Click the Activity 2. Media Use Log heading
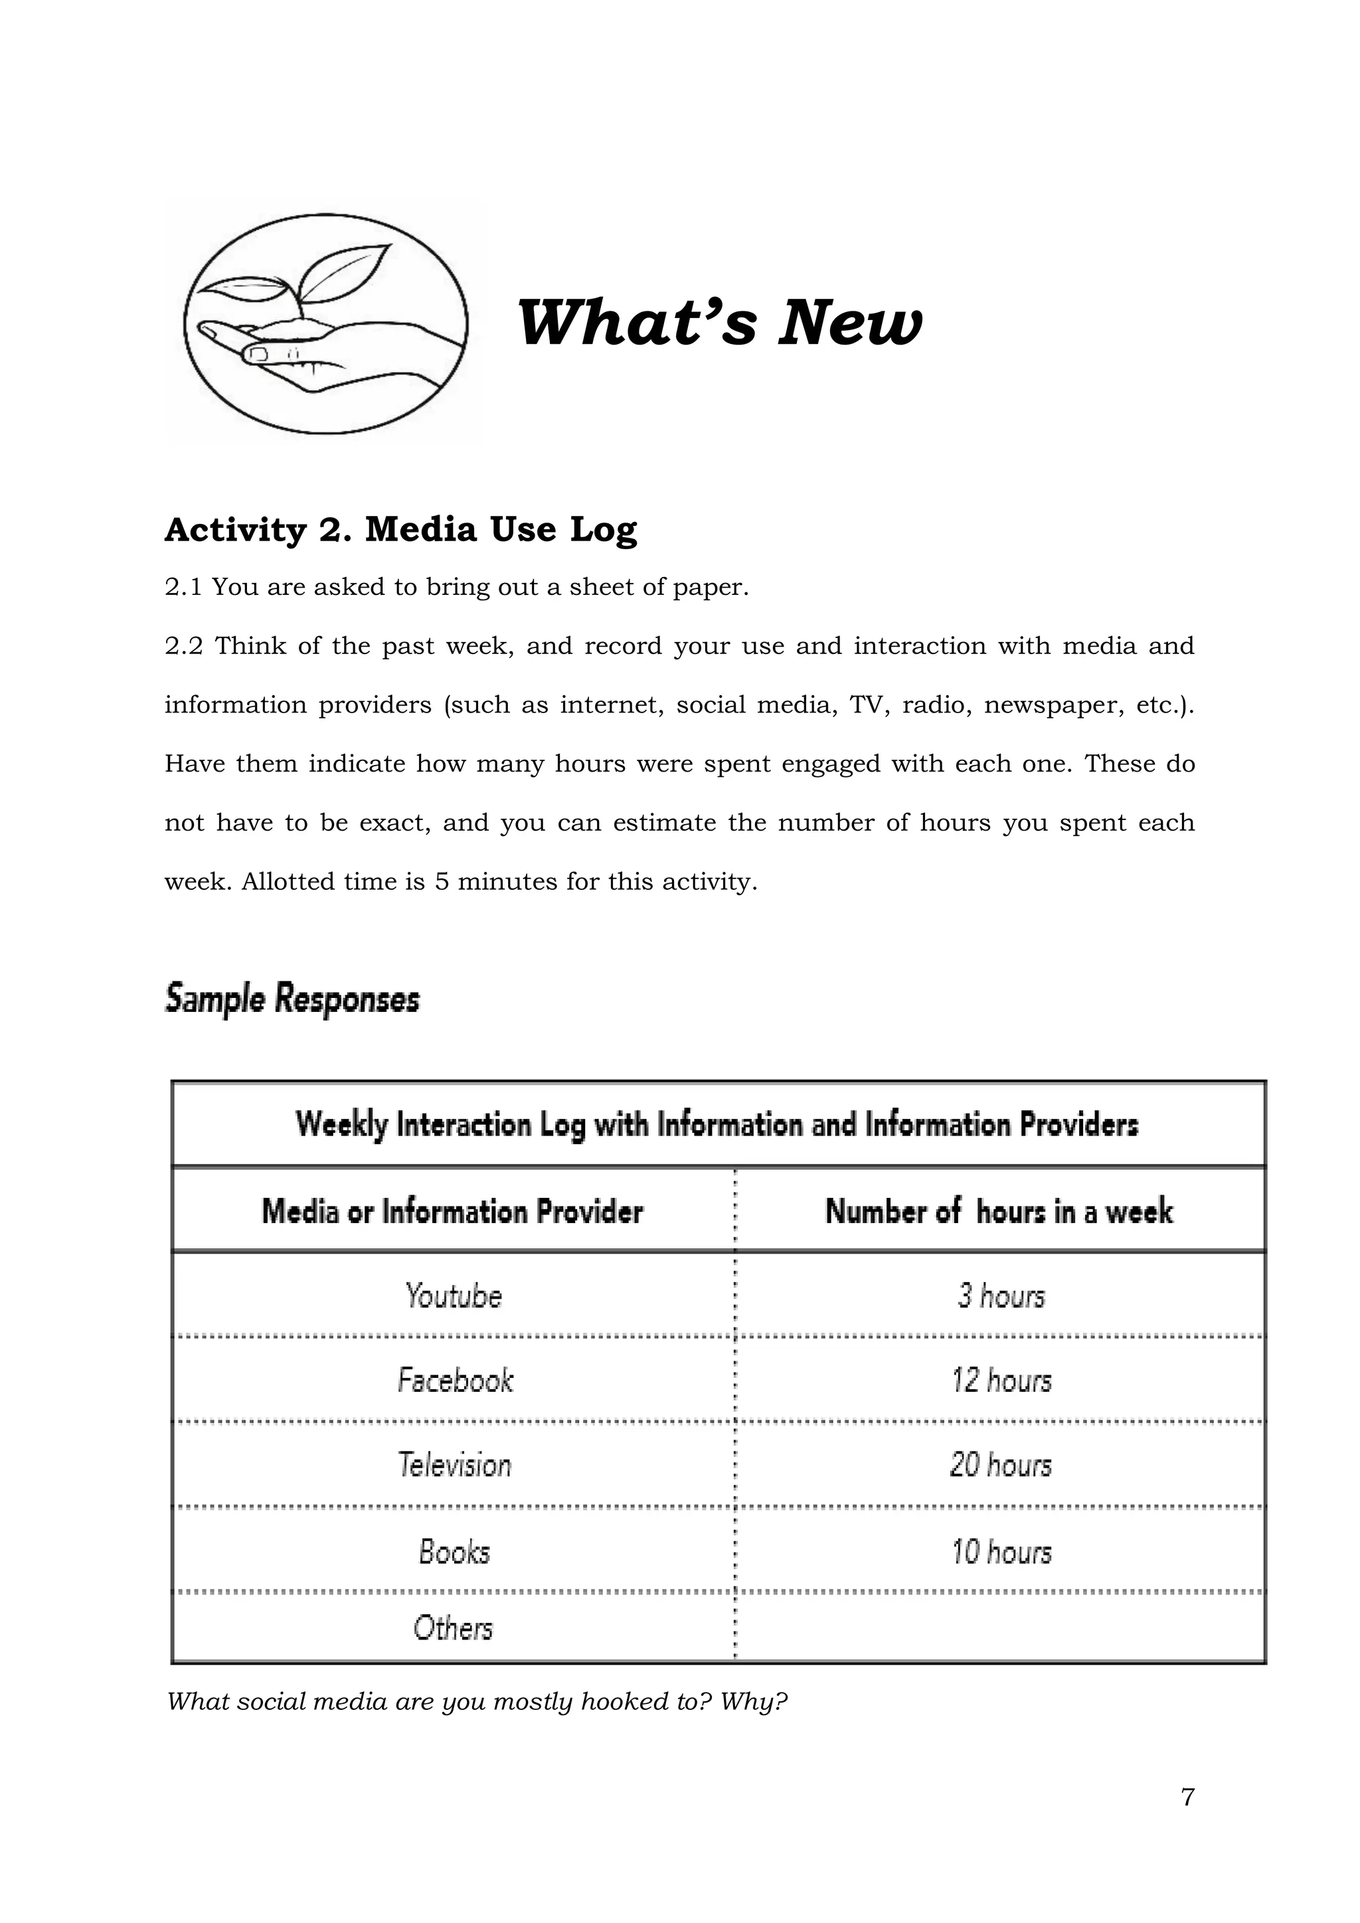click(x=400, y=529)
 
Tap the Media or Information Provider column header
click(x=452, y=1211)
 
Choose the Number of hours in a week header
click(x=998, y=1211)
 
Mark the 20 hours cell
click(x=1001, y=1465)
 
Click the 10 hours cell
click(x=1001, y=1551)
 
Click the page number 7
click(x=1187, y=1820)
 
